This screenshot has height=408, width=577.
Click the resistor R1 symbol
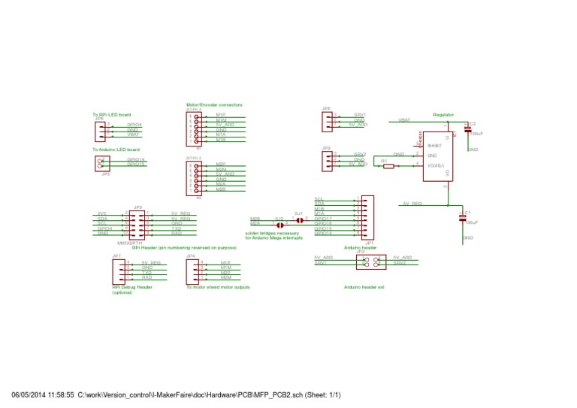[388, 166]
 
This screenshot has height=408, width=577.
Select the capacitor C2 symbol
[467, 130]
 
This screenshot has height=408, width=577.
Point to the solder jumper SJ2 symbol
[279, 224]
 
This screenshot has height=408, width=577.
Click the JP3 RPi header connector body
[138, 223]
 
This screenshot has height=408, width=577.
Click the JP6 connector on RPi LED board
[100, 131]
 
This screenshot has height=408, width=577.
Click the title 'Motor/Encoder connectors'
[214, 104]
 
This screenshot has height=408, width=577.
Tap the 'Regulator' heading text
[443, 114]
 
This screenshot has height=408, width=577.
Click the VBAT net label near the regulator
[404, 120]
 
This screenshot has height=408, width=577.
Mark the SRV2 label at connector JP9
[360, 154]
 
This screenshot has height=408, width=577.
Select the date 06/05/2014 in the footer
[29, 395]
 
